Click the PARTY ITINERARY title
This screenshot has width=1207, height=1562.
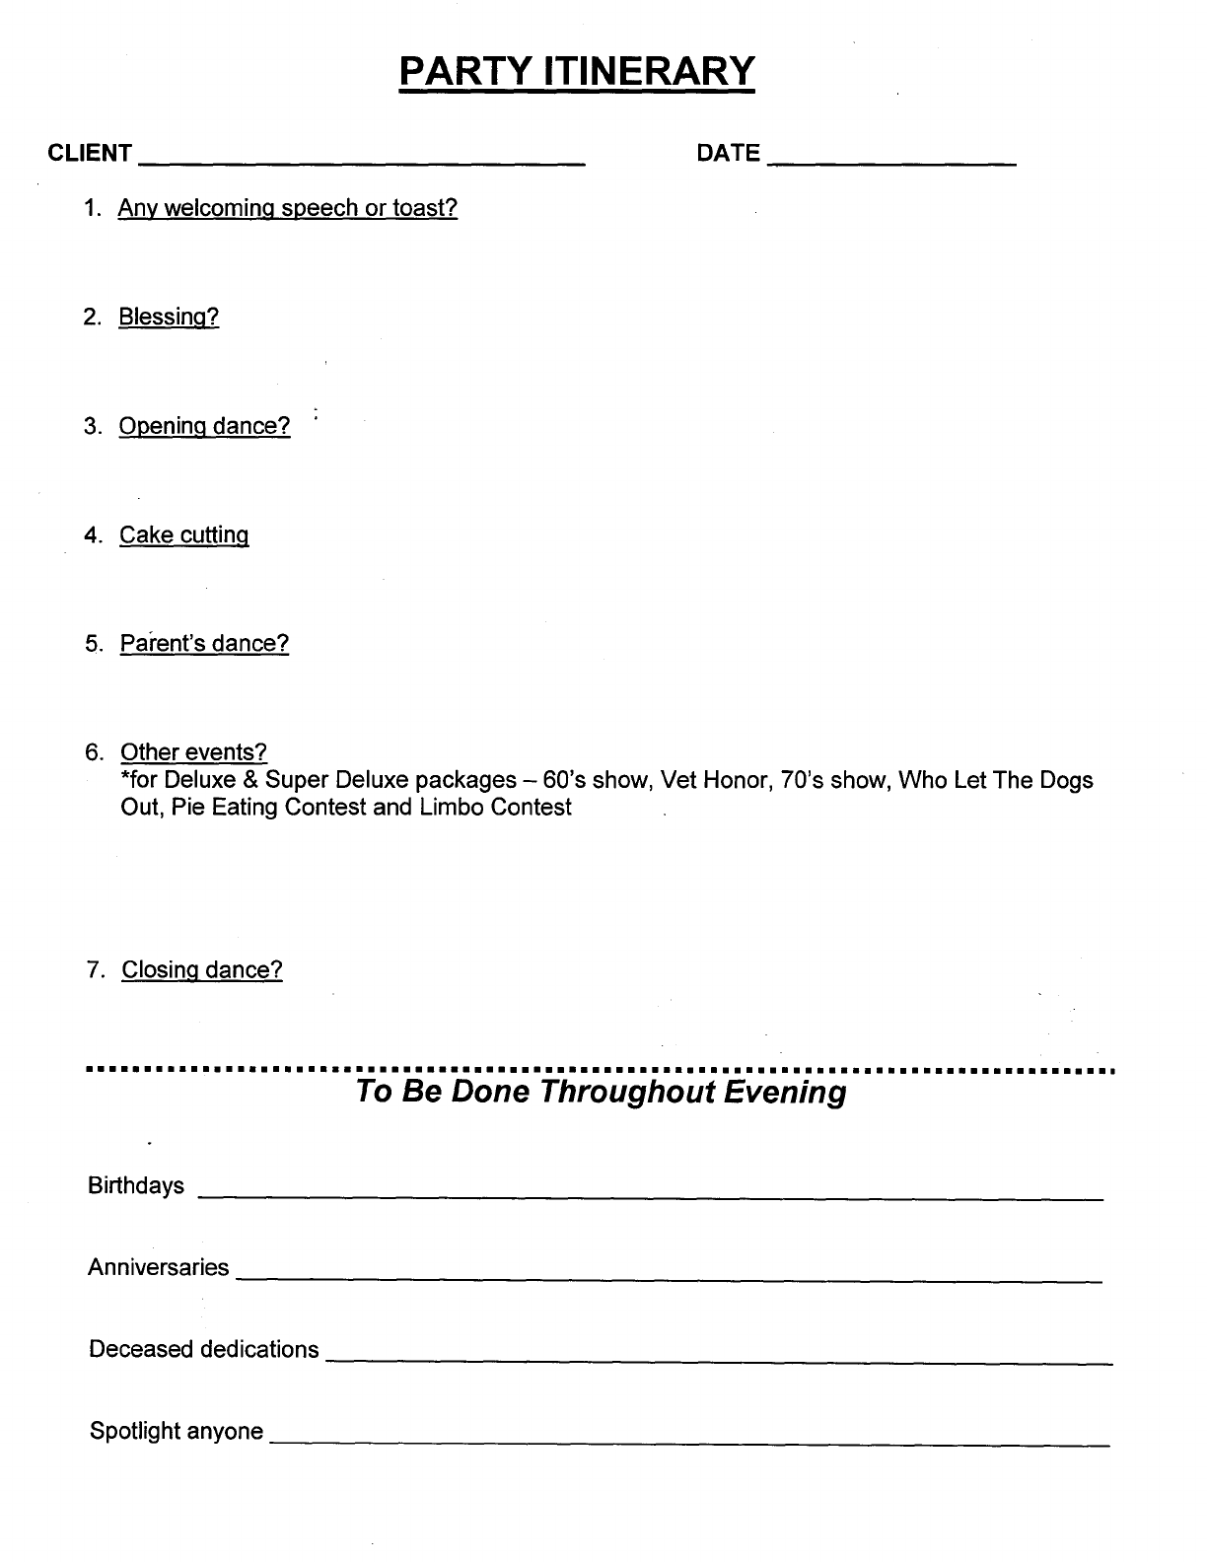[577, 72]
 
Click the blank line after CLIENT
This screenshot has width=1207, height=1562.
[363, 158]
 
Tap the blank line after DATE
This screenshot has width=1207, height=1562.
[891, 158]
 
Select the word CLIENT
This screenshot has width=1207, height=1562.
[90, 153]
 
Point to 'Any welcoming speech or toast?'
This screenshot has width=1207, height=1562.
[288, 208]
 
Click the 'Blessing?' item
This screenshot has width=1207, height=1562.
[169, 318]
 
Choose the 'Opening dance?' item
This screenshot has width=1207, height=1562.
[205, 426]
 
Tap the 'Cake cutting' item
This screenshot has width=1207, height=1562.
[184, 535]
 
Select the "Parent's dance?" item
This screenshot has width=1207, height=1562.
[205, 644]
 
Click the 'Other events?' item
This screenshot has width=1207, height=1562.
[193, 752]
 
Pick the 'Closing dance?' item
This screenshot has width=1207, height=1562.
[202, 970]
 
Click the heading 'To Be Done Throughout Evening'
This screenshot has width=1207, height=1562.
[601, 1092]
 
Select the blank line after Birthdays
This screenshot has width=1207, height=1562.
[651, 1194]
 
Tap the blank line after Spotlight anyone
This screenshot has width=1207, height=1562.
[690, 1441]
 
